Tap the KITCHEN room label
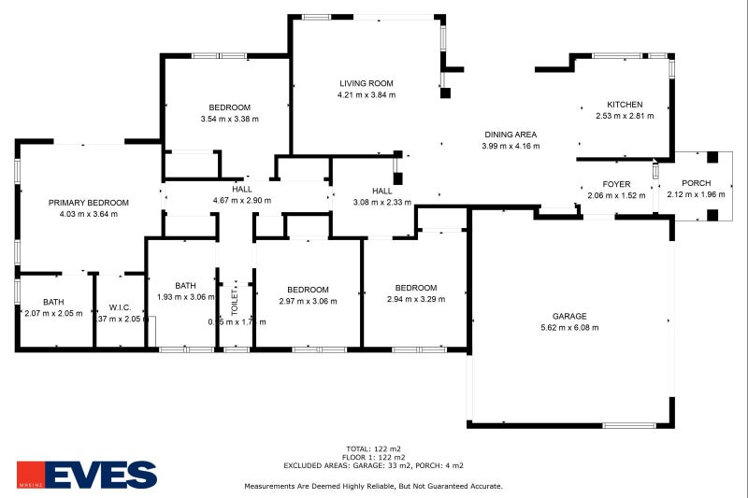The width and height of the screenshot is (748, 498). coord(625,105)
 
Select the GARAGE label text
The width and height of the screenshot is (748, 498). coord(568,316)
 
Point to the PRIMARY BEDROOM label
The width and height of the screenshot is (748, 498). coord(89,203)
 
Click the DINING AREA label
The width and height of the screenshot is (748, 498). coord(510,135)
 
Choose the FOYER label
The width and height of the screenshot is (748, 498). coord(616,184)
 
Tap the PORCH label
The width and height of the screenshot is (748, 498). coord(696,183)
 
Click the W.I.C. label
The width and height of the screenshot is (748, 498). coord(119,306)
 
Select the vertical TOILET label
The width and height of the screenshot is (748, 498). coord(236,300)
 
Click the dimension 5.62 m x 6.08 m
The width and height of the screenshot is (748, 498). coord(568,327)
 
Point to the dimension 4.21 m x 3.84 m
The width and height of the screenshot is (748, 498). coord(367,94)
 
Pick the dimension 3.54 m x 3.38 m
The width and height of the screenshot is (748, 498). coord(229,119)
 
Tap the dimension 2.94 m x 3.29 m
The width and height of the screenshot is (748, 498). coord(415,299)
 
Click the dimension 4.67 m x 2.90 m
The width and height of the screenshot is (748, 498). coord(242,200)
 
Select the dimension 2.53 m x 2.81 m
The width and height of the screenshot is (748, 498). coord(625,116)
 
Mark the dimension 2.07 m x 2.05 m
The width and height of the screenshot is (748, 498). coord(52,313)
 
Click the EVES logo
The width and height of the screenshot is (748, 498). coord(87,475)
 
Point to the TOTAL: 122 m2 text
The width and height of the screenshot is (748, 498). coord(373,449)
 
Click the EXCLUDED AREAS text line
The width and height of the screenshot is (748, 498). coord(373,464)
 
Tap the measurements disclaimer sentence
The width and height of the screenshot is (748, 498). coord(373,486)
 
